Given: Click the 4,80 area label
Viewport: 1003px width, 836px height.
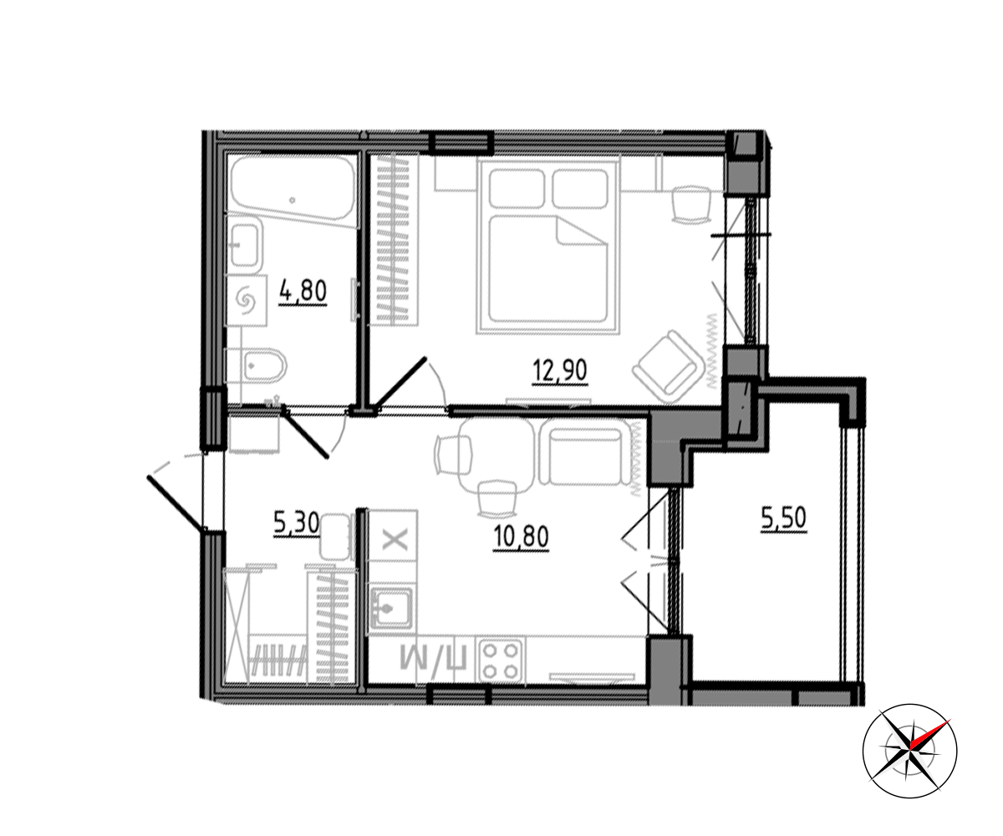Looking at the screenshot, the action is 303,292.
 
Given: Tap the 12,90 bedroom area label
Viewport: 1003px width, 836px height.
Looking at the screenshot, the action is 560,371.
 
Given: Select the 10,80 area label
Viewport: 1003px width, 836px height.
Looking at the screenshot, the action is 521,537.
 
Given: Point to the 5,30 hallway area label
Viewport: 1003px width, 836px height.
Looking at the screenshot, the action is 297,522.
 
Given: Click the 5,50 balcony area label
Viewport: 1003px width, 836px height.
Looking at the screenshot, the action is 783,519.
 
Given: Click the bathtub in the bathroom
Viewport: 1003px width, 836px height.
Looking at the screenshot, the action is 293,191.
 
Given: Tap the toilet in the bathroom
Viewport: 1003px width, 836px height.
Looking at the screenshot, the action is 257,366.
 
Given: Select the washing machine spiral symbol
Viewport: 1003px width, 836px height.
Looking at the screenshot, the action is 247,301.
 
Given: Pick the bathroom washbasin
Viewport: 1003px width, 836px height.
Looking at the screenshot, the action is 245,245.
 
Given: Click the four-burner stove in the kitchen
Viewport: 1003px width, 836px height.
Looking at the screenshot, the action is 500,660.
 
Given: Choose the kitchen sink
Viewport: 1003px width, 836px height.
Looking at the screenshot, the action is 391,608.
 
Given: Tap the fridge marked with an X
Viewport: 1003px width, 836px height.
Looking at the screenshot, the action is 394,538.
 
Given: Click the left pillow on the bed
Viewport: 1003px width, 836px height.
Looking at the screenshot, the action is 517,189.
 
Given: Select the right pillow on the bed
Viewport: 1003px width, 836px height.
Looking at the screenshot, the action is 580,189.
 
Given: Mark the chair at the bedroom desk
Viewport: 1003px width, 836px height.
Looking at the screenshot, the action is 690,205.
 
